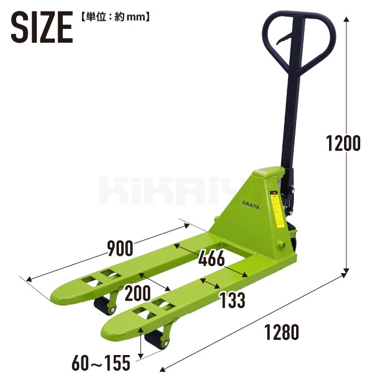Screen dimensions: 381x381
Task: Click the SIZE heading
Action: pyautogui.click(x=42, y=27)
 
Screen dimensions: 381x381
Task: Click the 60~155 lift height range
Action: pyautogui.click(x=102, y=364)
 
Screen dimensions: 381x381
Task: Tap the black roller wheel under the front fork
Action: pyautogui.click(x=154, y=341)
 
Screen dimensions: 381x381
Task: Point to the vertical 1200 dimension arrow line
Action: pyautogui.click(x=347, y=87)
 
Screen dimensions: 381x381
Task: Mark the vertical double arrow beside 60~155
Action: pyautogui.click(x=142, y=346)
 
